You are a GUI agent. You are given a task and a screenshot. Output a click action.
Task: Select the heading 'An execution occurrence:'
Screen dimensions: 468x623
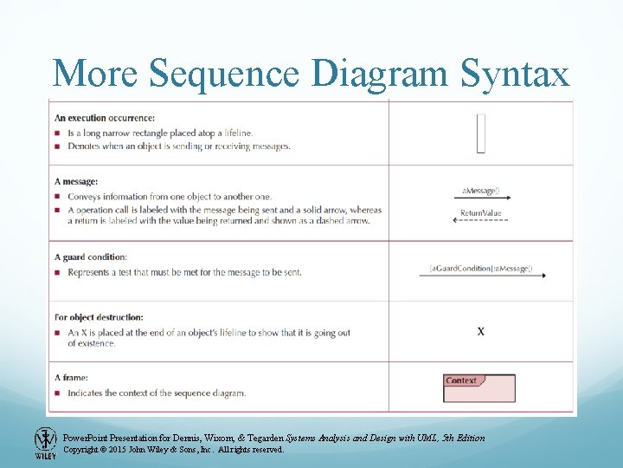coord(105,118)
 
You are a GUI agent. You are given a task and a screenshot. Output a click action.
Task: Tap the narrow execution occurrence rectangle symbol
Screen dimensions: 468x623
coord(481,133)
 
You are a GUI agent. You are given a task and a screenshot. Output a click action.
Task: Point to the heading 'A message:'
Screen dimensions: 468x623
coord(76,181)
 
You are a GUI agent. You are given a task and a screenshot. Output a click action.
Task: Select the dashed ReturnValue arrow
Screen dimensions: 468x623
coord(480,221)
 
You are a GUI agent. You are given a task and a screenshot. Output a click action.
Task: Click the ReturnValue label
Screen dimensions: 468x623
coord(480,212)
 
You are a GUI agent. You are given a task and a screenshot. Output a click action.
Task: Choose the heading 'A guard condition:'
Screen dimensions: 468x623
coord(91,257)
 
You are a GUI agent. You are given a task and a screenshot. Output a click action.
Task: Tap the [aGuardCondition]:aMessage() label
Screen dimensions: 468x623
coord(481,268)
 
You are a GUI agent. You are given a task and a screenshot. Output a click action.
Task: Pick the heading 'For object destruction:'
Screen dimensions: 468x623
coord(99,317)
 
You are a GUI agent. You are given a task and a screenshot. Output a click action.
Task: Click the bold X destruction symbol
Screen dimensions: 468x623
coord(481,331)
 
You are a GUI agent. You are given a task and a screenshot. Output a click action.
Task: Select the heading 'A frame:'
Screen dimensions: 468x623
coord(71,378)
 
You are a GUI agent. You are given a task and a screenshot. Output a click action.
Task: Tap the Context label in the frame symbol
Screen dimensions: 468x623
coord(461,380)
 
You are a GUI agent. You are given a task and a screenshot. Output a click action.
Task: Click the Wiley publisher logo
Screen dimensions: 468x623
coord(45,443)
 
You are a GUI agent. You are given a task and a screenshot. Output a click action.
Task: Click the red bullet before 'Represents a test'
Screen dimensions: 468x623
coord(57,272)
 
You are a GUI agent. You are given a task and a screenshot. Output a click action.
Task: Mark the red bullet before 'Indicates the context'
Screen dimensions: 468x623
coord(57,393)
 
